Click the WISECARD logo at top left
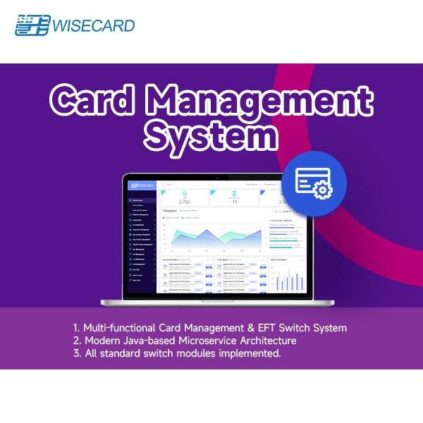coord(75,25)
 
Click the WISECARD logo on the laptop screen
coord(141,186)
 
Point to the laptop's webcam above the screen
coord(218,176)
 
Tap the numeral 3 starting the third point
coord(75,353)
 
